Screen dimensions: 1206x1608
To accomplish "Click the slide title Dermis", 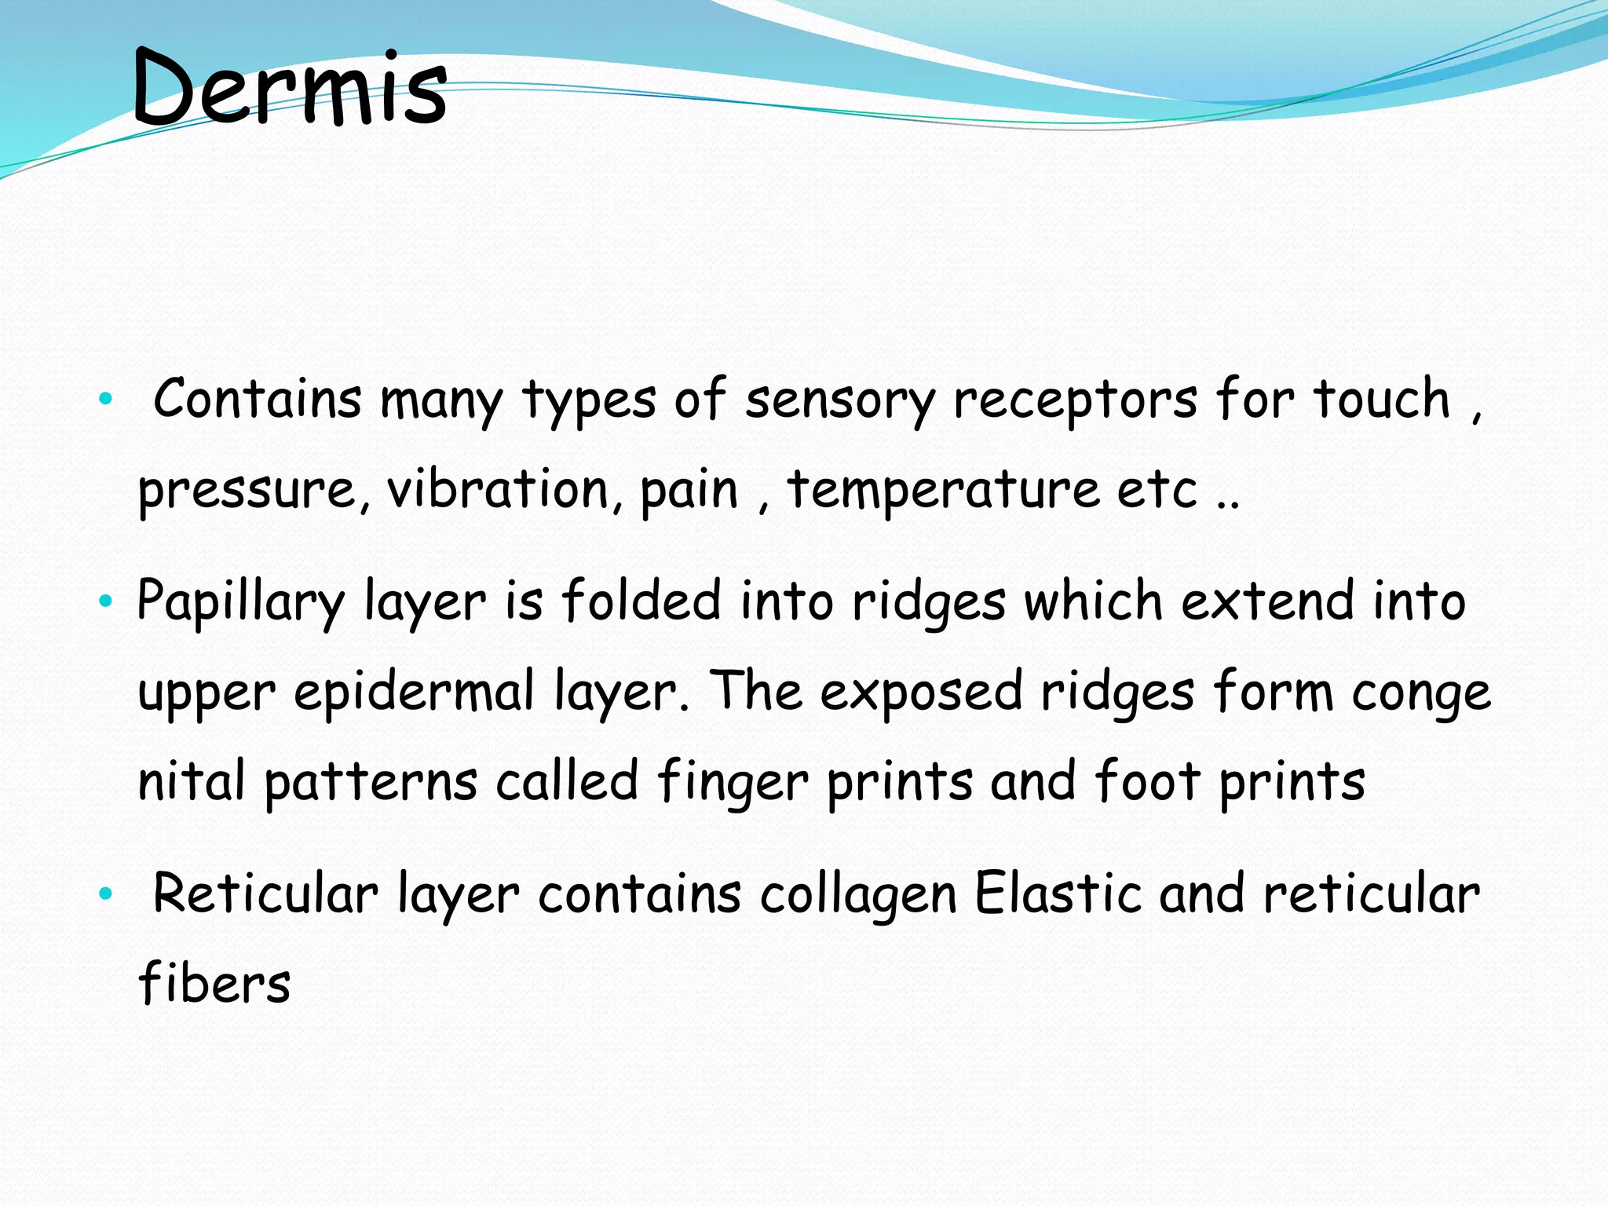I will [x=289, y=88].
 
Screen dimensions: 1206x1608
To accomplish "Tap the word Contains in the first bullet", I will [x=257, y=398].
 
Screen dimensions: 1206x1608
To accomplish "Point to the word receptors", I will [x=1075, y=400].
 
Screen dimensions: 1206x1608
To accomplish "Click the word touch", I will [x=1382, y=398].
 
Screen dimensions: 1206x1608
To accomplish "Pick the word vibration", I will [x=498, y=489].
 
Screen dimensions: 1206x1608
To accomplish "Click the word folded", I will [x=641, y=601].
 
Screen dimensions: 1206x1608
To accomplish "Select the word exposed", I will [x=921, y=693].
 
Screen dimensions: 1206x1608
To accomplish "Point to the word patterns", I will [x=371, y=783].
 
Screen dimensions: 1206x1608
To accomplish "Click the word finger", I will [x=733, y=783].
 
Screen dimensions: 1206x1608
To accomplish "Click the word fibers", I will [x=214, y=983].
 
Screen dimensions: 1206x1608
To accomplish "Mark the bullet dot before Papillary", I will [x=106, y=603].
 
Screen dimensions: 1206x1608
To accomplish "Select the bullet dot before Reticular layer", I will [x=106, y=894].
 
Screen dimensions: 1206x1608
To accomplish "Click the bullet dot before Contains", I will [x=106, y=400].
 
